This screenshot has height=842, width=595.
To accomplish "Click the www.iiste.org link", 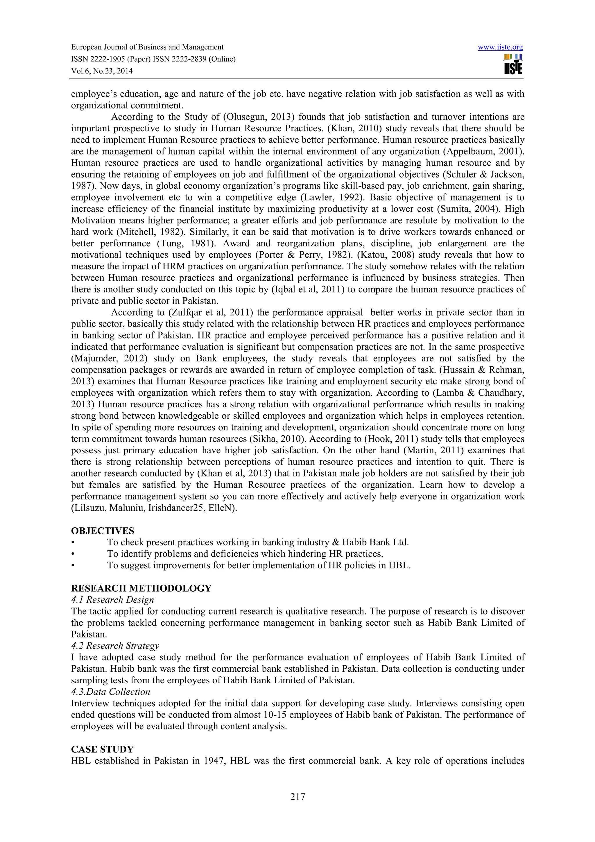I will click(500, 47).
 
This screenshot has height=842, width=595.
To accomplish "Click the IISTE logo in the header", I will click(513, 65).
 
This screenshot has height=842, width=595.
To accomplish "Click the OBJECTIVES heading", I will click(103, 531).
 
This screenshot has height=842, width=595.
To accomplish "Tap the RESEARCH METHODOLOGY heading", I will click(141, 588).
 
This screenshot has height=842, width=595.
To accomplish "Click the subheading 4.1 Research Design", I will click(112, 600).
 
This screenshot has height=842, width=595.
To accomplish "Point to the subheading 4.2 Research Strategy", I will click(115, 645).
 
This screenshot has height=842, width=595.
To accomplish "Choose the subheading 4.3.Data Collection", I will click(111, 691).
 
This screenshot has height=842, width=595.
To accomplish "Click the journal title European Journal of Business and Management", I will click(147, 47).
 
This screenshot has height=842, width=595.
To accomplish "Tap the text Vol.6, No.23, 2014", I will click(102, 71).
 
